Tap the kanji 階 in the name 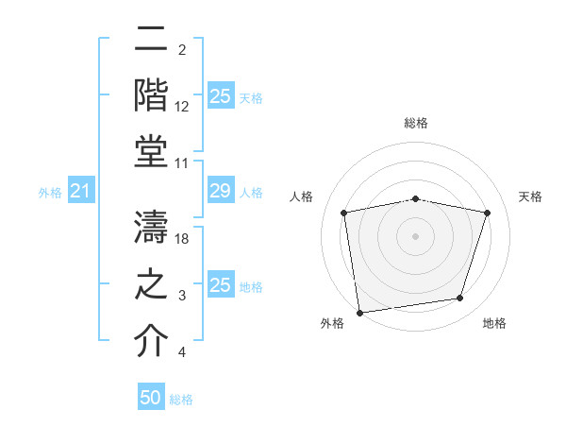click(152, 94)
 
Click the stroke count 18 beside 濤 click(183, 239)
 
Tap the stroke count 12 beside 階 click(182, 107)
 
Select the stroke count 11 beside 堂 click(182, 163)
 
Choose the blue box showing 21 click(80, 192)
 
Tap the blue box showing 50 click(151, 399)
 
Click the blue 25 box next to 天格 click(220, 96)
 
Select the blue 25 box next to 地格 click(220, 285)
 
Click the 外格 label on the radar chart click(332, 324)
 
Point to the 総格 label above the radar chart click(416, 123)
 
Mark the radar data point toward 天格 click(488, 213)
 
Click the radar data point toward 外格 click(359, 312)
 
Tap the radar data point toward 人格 click(344, 213)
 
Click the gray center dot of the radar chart click(416, 235)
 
